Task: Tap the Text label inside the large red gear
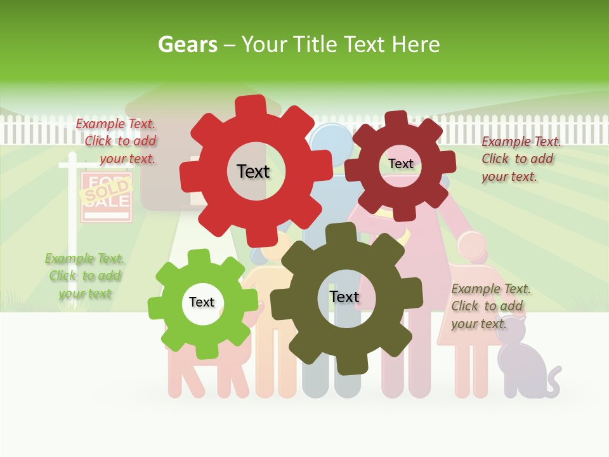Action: (x=253, y=171)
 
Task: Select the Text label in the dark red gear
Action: (x=400, y=164)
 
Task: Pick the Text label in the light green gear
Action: (x=202, y=302)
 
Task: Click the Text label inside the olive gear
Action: (x=344, y=296)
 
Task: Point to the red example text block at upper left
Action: (x=117, y=142)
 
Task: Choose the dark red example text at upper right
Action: (x=520, y=159)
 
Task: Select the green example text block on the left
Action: (x=84, y=275)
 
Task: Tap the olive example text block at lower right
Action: (x=490, y=306)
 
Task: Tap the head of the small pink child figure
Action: (x=471, y=246)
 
